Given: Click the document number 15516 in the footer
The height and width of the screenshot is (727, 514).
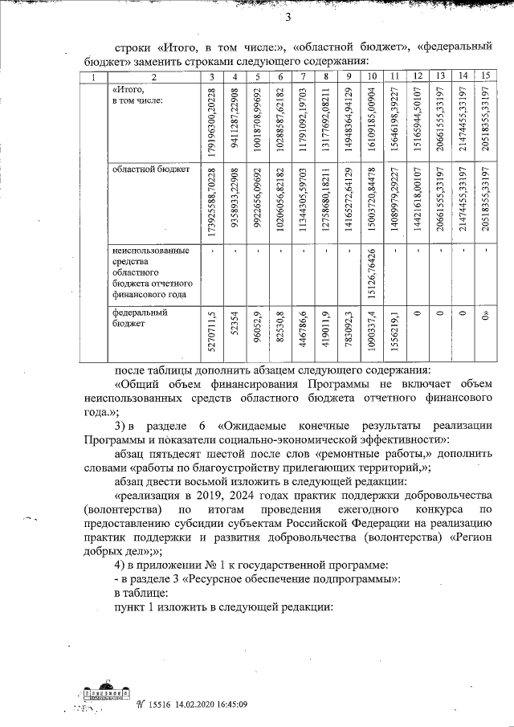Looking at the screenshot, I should click(160, 704).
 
